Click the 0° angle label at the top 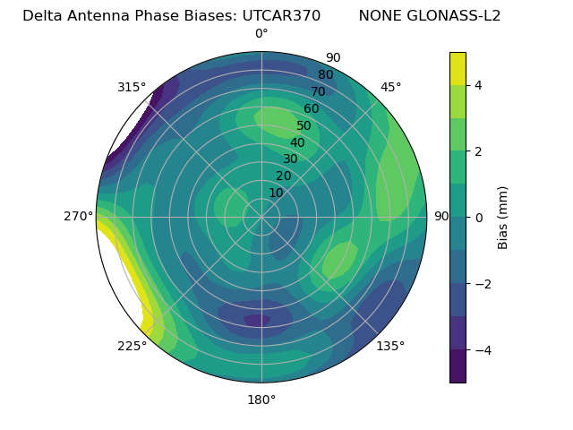(x=261, y=34)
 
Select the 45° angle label (x=390, y=87)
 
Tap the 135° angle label (x=390, y=346)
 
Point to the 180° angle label (x=261, y=400)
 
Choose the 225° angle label (x=132, y=346)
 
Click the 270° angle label (x=79, y=216)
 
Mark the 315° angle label (x=132, y=87)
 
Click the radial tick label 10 (x=276, y=193)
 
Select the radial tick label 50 (x=304, y=126)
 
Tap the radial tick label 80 (x=326, y=75)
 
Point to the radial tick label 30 (x=290, y=159)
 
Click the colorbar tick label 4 (x=479, y=85)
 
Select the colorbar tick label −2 (x=481, y=284)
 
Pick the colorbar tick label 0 (x=479, y=218)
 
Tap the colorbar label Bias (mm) (x=503, y=218)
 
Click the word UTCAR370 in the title (x=281, y=15)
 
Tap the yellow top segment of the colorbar (x=458, y=68)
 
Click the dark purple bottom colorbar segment (x=458, y=366)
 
